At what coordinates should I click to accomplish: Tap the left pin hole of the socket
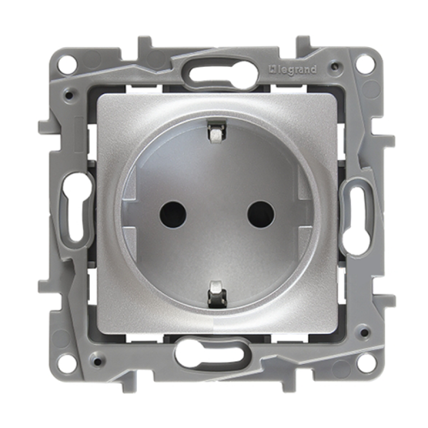[173, 215]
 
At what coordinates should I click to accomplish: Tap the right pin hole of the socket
[261, 215]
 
